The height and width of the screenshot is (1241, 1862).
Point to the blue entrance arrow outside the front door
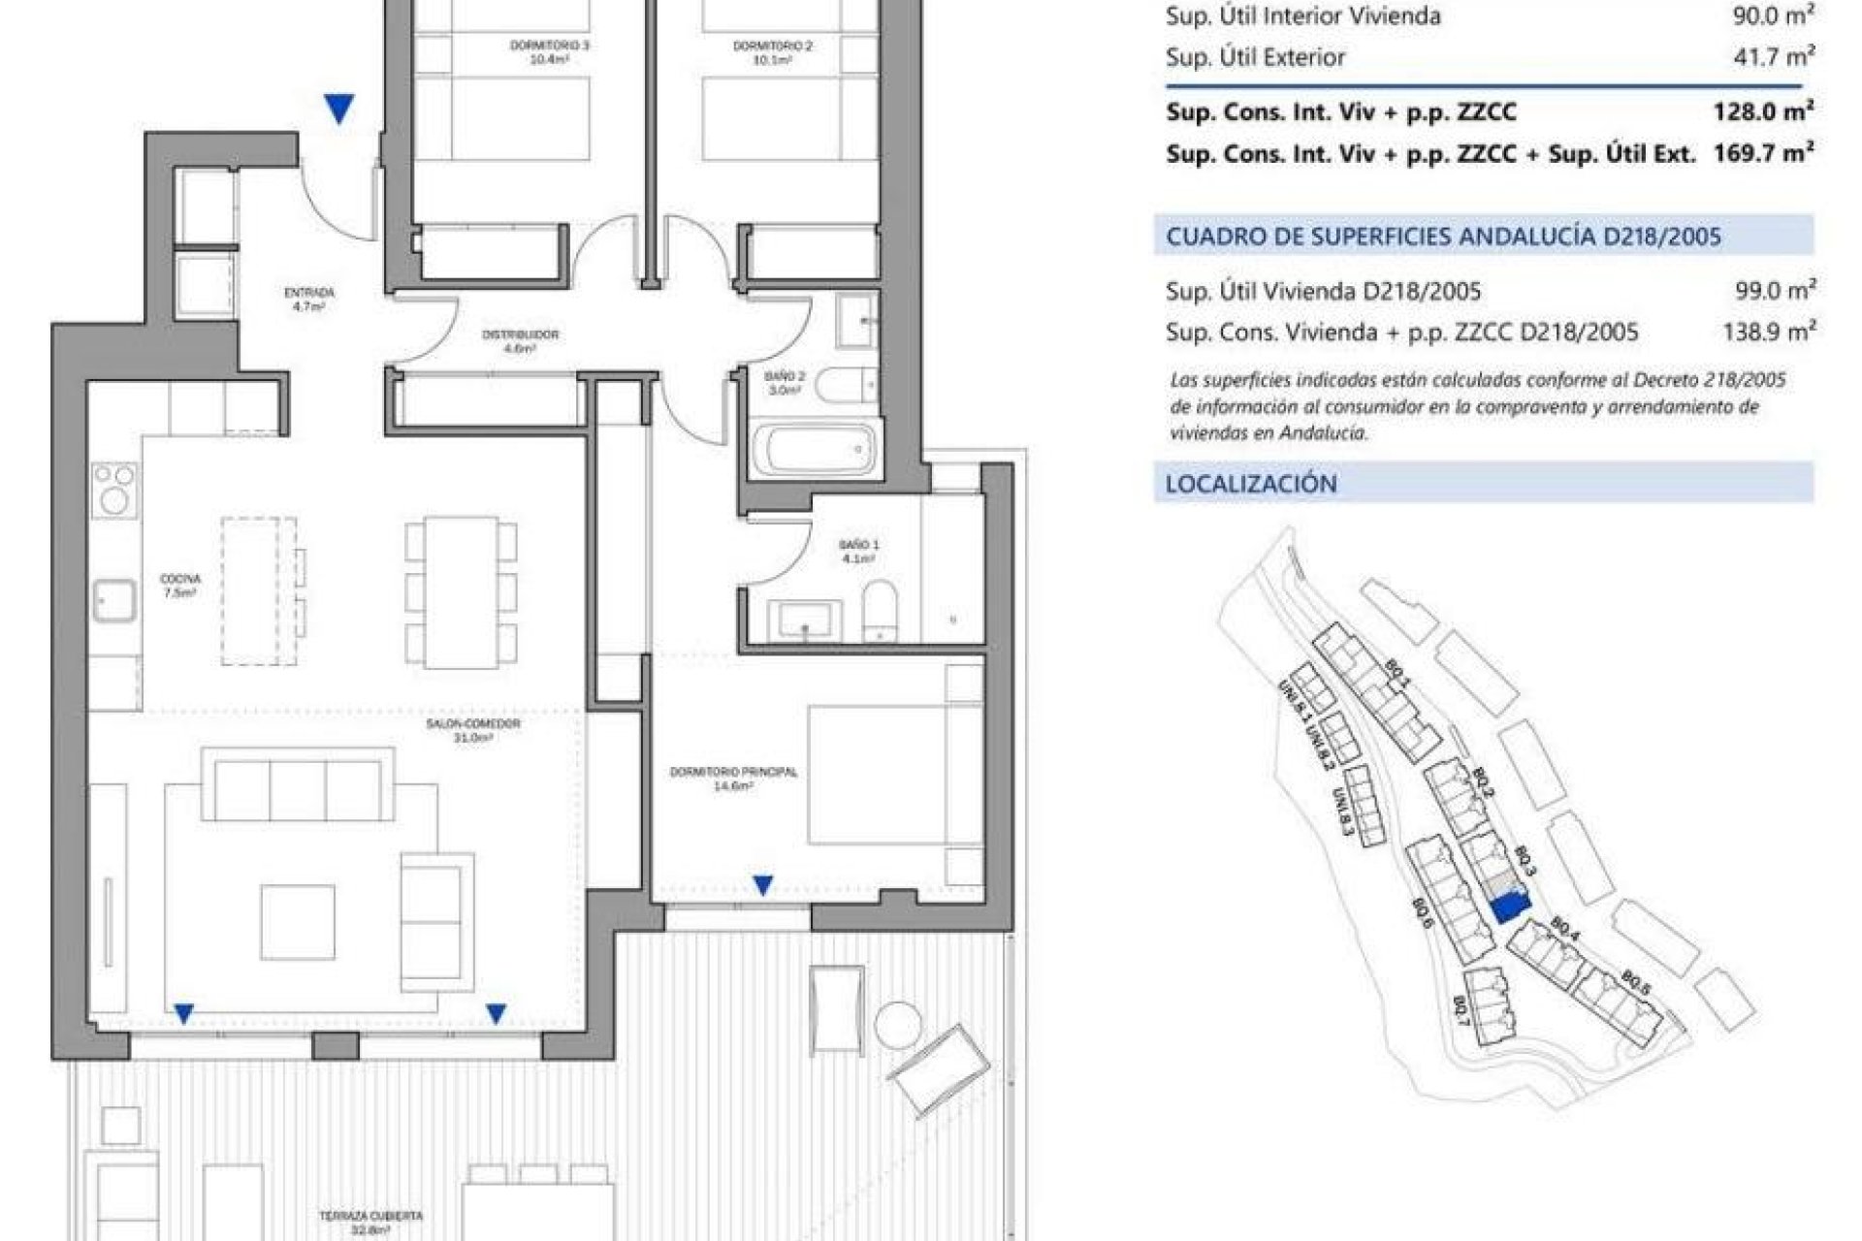tap(338, 109)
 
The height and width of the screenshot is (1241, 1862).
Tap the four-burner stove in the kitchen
tap(114, 488)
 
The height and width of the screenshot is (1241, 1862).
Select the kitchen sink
tap(114, 600)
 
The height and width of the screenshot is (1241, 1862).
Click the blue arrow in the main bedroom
tap(763, 884)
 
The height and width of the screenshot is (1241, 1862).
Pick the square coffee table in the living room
tap(298, 922)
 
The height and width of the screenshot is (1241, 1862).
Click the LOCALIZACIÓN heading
tap(1251, 484)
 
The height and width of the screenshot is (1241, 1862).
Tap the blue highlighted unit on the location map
tap(1508, 907)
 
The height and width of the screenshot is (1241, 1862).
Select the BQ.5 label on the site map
tap(1636, 982)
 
